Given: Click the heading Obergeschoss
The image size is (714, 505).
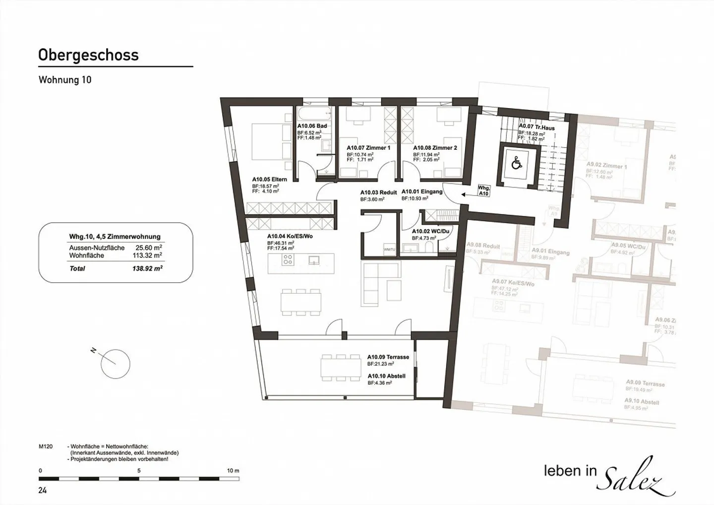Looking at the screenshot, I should (x=88, y=55).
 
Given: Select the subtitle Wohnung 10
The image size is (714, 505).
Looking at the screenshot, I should (x=65, y=80).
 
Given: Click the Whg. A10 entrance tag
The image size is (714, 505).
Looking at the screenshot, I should (x=483, y=191).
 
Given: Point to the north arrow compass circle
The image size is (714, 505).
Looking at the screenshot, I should (x=115, y=364).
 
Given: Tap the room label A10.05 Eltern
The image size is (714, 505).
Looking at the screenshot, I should (x=269, y=180).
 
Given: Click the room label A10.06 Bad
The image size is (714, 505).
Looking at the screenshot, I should (x=312, y=126).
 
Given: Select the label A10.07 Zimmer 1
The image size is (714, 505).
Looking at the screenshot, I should (x=368, y=148).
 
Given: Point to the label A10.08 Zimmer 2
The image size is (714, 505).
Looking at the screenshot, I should (x=435, y=148).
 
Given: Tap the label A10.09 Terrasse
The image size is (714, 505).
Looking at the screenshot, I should (x=388, y=357).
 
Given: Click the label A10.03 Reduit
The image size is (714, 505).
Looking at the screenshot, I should (x=378, y=192).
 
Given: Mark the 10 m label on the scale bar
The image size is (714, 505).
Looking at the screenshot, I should (x=233, y=470).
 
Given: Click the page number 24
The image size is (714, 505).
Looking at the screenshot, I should (x=43, y=491).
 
